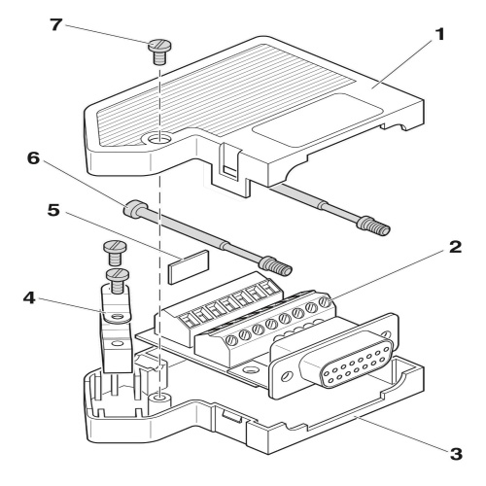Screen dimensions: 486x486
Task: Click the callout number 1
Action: [x=439, y=35]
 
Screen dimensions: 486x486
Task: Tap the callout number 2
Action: [x=455, y=247]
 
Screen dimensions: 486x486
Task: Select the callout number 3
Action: [x=456, y=454]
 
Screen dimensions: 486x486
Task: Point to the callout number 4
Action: [x=29, y=297]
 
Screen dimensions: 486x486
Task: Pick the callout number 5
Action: [x=53, y=210]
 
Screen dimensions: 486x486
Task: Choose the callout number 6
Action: [x=33, y=158]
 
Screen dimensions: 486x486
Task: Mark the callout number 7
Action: [x=55, y=24]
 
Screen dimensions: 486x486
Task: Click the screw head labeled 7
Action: [x=159, y=45]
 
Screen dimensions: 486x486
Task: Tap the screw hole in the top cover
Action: [x=158, y=140]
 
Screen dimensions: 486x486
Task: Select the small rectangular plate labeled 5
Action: [x=188, y=266]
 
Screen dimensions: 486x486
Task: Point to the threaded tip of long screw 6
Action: [x=280, y=266]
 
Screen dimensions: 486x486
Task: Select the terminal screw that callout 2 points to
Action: [x=324, y=302]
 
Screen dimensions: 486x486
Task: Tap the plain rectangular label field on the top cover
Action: [x=317, y=121]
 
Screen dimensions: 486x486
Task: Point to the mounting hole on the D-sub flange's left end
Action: [x=286, y=376]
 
